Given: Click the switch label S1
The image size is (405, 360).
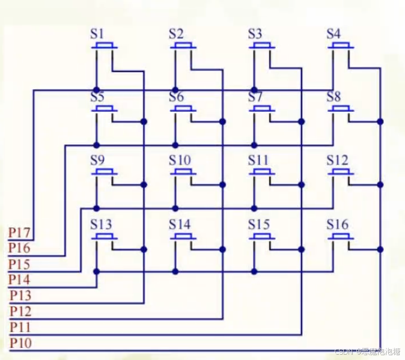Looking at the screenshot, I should point(97,34).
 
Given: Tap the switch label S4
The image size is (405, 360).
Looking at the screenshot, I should point(333,34).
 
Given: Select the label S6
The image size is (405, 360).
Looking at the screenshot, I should point(176,97).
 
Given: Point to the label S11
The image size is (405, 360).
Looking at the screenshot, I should point(258,160).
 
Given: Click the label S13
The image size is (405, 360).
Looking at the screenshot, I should point(101,225).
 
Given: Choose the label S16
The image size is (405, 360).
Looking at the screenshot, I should point(337,225).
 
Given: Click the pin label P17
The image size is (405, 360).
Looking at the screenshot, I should point(20,232).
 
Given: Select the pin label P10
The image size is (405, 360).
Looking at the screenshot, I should point(21,343).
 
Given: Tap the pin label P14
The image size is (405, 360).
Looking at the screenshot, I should point(20,279).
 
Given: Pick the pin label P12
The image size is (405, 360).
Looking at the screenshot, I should point(21,311).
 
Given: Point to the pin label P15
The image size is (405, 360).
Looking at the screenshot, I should point(20,264).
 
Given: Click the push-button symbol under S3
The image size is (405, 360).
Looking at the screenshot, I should point(262,46).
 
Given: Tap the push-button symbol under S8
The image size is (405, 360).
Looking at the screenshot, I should point(341,109).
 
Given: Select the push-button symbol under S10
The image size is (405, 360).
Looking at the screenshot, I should point(183,172).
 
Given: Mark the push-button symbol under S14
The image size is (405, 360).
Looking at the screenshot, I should point(183,237).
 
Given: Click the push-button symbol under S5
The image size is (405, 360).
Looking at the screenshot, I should point(105,109).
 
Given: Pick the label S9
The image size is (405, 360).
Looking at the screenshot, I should point(97,160).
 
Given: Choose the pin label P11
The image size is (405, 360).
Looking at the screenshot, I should point(21,327).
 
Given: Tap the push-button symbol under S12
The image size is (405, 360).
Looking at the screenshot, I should point(341,172).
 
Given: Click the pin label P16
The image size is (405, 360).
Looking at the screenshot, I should point(20,248).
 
